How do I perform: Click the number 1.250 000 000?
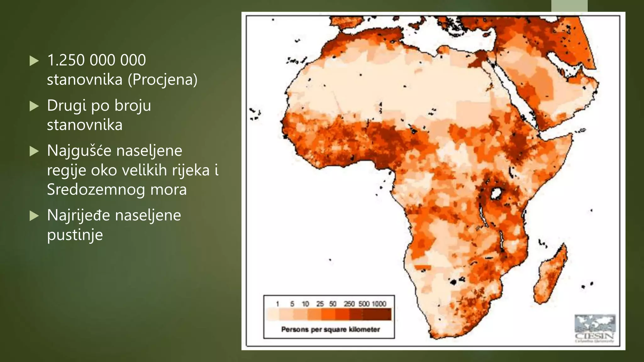pyautogui.click(x=97, y=60)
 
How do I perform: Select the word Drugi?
pyautogui.click(x=67, y=106)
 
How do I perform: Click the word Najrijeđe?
pyautogui.click(x=78, y=215)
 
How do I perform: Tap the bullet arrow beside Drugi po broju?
pyautogui.click(x=34, y=106)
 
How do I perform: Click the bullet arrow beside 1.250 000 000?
pyautogui.click(x=34, y=61)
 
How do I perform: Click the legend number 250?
pyautogui.click(x=349, y=304)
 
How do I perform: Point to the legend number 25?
pyautogui.click(x=320, y=304)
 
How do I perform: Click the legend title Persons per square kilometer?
pyautogui.click(x=330, y=329)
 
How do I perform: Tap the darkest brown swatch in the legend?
pyautogui.click(x=377, y=314)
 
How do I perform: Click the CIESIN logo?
pyautogui.click(x=595, y=328)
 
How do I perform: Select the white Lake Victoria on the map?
pyautogui.click(x=496, y=193)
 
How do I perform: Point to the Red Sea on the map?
pyautogui.click(x=516, y=97)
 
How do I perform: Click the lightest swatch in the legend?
pyautogui.click(x=272, y=314)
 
